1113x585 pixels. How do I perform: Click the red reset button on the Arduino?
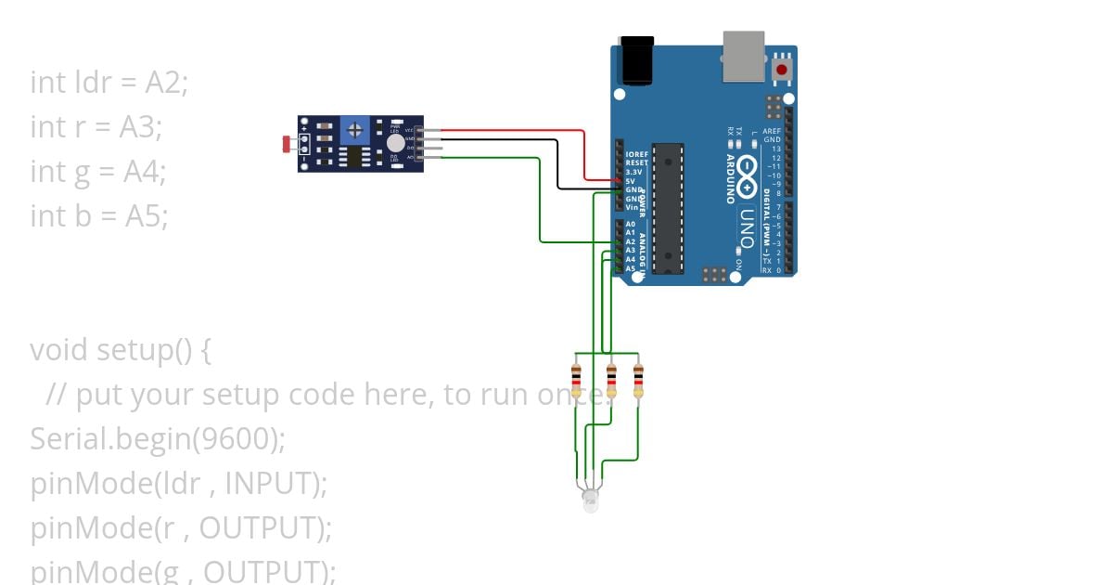pyautogui.click(x=782, y=70)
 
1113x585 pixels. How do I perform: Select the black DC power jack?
pyautogui.click(x=635, y=61)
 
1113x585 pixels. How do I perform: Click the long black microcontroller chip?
pyautogui.click(x=668, y=209)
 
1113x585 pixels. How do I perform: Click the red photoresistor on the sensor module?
pyautogui.click(x=287, y=144)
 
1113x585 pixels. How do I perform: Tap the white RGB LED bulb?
pyautogui.click(x=590, y=500)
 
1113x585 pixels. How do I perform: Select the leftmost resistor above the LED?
pyautogui.click(x=576, y=381)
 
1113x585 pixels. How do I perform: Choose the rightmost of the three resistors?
pyautogui.click(x=638, y=381)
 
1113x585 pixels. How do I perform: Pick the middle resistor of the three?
pyautogui.click(x=610, y=381)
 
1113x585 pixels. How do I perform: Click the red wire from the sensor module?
pyautogui.click(x=510, y=131)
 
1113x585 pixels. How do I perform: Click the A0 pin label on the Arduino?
pyautogui.click(x=631, y=225)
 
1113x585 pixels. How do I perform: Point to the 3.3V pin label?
pyautogui.click(x=633, y=172)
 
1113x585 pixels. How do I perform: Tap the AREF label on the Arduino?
pyautogui.click(x=772, y=132)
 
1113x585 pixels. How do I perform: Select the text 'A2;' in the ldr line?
pyautogui.click(x=167, y=83)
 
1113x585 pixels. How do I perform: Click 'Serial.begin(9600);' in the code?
pyautogui.click(x=158, y=439)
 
